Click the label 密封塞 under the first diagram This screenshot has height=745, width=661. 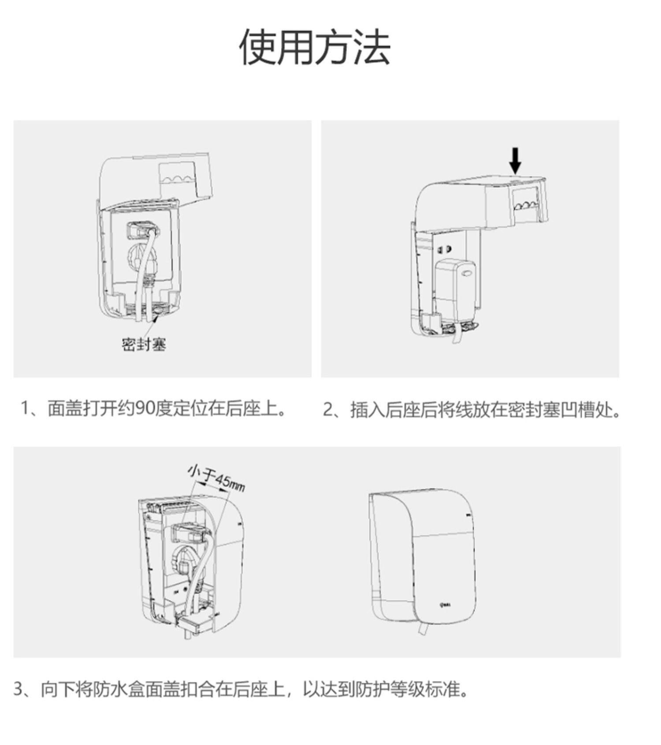(x=144, y=344)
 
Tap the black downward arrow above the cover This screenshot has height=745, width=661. (x=515, y=160)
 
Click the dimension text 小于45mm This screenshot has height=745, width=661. (x=216, y=478)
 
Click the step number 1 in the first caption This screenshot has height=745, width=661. (x=25, y=409)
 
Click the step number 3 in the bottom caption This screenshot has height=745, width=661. (x=18, y=689)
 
